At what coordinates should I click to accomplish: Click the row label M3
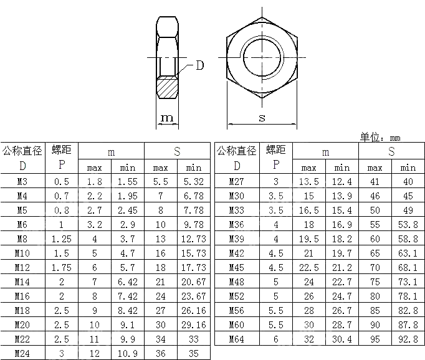22,182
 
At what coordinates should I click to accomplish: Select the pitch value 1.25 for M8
61,239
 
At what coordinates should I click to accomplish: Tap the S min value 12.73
193,239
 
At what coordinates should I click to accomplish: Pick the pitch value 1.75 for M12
61,268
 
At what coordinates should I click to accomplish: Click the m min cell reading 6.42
128,282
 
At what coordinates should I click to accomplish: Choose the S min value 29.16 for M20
193,325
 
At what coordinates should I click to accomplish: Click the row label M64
237,339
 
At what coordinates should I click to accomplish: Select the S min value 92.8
408,339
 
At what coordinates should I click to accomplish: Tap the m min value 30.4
341,339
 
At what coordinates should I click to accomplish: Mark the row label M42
237,253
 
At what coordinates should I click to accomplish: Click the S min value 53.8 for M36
408,225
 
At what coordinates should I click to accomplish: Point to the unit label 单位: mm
380,138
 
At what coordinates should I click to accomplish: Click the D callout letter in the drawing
200,65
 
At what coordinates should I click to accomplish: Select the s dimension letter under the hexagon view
262,118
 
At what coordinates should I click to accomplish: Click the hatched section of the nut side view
167,87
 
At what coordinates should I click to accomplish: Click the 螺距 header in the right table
275,150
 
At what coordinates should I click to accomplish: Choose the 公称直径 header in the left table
22,150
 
